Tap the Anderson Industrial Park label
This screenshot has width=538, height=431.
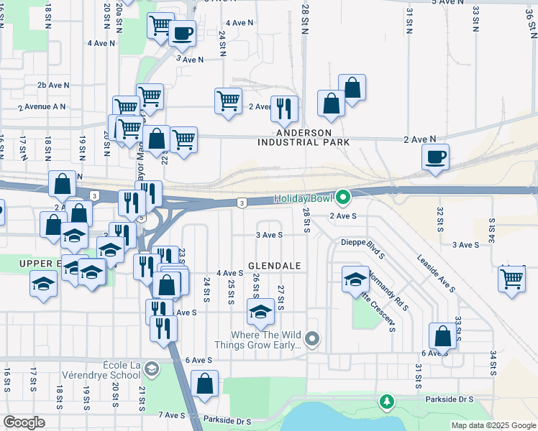click(x=304, y=138)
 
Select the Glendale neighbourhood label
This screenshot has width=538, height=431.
click(x=274, y=266)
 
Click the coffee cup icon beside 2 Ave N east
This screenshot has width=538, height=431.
click(x=435, y=157)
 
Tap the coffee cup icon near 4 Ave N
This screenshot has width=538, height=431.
click(x=182, y=33)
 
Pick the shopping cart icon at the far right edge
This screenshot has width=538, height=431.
click(x=512, y=278)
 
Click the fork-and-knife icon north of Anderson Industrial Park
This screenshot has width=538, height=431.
click(x=284, y=108)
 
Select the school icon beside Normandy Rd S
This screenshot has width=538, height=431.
click(x=355, y=280)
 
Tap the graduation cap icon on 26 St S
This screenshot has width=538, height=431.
click(x=260, y=312)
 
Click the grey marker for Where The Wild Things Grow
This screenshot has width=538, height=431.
click(x=311, y=338)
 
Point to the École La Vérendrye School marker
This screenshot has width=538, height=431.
click(x=151, y=369)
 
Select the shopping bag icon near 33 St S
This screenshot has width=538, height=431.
click(x=442, y=335)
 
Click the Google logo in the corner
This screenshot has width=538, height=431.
click(x=24, y=422)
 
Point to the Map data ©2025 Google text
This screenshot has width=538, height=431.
click(x=493, y=425)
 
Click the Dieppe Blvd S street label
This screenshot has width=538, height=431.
click(x=364, y=243)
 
